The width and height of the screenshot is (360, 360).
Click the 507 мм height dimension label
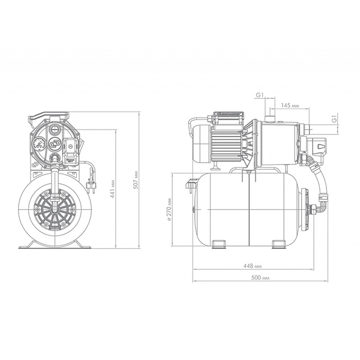point(136,180)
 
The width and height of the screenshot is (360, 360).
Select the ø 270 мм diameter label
point(169,209)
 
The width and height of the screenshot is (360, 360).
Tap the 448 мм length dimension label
point(253,266)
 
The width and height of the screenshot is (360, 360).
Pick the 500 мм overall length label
point(260,278)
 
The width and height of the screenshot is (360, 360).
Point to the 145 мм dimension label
point(290,106)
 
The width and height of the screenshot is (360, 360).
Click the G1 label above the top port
point(259,95)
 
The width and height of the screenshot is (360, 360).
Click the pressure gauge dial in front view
point(39,144)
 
